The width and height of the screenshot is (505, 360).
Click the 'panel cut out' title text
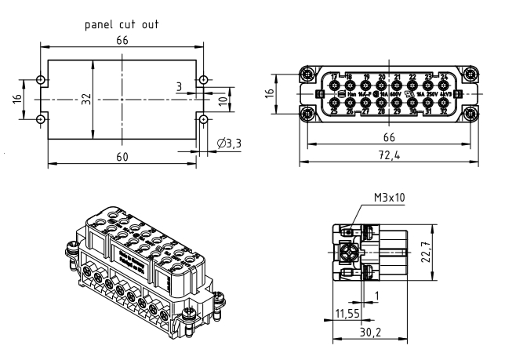(x=122, y=24)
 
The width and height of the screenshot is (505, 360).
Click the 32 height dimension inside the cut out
(x=87, y=99)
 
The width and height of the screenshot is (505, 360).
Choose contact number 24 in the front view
(x=444, y=76)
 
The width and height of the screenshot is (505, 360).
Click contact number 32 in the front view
(x=445, y=112)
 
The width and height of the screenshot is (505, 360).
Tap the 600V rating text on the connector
(x=396, y=94)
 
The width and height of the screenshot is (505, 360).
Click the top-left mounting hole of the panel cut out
(x=42, y=81)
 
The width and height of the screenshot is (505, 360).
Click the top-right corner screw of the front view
(x=469, y=75)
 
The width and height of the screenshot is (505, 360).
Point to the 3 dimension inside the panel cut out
(x=179, y=85)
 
